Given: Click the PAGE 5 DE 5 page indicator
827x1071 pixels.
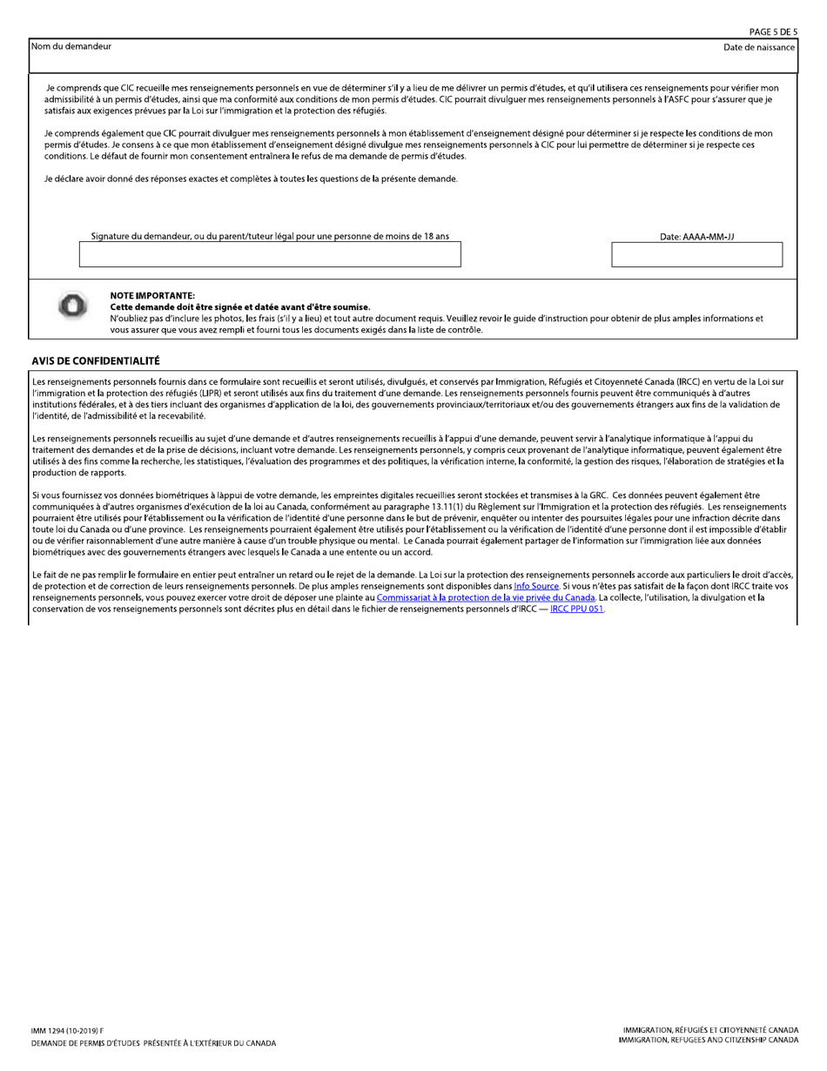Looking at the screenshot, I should (x=773, y=32).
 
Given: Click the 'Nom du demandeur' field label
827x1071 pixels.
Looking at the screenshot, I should (x=71, y=46).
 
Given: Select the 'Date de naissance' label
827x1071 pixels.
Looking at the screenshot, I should (x=758, y=47).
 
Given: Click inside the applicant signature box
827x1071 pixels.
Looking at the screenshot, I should (x=270, y=254).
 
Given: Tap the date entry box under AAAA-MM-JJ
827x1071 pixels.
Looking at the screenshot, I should (x=696, y=254).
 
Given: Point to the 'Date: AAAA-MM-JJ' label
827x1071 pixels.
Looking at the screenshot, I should (x=696, y=237).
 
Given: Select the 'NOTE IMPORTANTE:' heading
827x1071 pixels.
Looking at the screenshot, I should (x=152, y=296).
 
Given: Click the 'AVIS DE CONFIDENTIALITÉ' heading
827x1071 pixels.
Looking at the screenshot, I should (x=96, y=360).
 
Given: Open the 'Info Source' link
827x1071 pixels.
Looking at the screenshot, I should (x=535, y=587).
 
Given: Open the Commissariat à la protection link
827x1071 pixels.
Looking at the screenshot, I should (x=486, y=597).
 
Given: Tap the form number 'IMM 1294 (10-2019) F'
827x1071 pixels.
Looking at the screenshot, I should (x=67, y=1031).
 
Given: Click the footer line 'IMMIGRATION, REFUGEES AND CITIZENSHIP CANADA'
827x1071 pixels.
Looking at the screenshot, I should (x=708, y=1041).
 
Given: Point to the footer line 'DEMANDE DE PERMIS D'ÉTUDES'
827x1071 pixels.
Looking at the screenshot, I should (x=153, y=1043).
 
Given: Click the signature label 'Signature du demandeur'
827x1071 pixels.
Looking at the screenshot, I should (x=270, y=236).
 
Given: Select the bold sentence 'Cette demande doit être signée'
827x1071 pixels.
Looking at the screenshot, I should (x=239, y=307).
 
